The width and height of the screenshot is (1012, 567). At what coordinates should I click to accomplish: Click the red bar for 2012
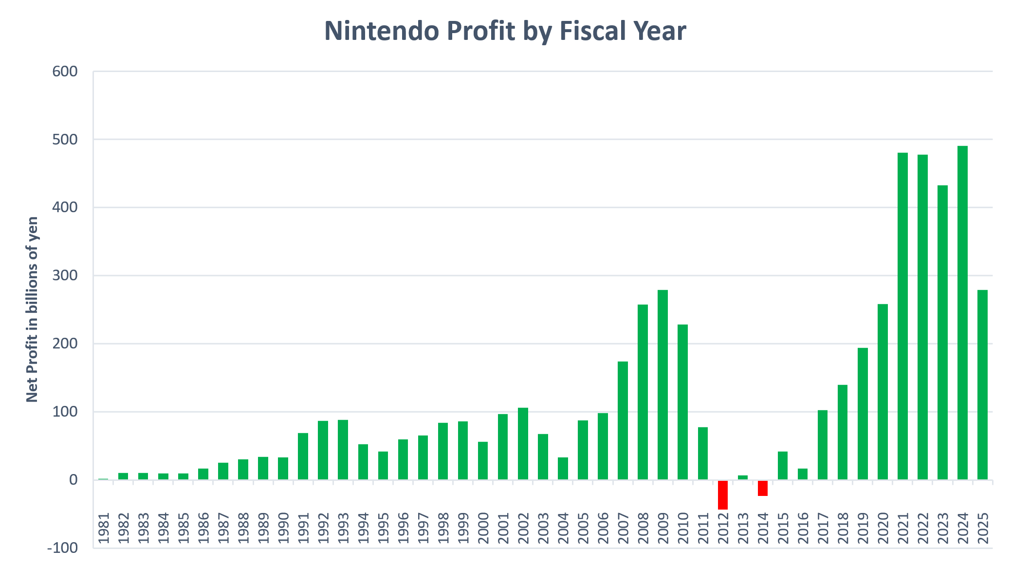click(x=722, y=494)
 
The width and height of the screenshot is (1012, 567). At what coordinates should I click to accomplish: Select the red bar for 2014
click(x=762, y=488)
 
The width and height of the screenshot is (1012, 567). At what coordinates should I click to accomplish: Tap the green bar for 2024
click(x=962, y=312)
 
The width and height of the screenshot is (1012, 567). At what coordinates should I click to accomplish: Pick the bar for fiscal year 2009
click(x=662, y=384)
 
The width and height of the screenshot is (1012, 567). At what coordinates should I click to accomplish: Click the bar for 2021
click(x=902, y=316)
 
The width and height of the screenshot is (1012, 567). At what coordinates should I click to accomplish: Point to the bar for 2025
click(x=982, y=384)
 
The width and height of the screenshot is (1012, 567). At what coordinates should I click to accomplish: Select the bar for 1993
click(x=343, y=450)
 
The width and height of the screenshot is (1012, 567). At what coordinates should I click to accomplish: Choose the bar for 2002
click(x=523, y=443)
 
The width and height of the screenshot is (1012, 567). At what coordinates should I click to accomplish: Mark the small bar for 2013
click(x=742, y=477)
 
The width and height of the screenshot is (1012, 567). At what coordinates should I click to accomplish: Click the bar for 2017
click(x=823, y=445)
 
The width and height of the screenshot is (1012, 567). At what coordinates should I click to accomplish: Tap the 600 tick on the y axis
click(x=65, y=72)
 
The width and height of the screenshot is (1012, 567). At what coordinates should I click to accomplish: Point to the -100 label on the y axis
click(x=62, y=548)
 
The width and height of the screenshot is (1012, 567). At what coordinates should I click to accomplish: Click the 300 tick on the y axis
click(x=65, y=275)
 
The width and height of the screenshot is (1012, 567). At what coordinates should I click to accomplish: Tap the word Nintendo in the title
click(x=382, y=31)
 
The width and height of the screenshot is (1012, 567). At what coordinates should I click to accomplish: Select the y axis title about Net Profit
click(x=32, y=310)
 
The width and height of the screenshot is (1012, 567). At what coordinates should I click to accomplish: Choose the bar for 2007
click(x=623, y=421)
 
